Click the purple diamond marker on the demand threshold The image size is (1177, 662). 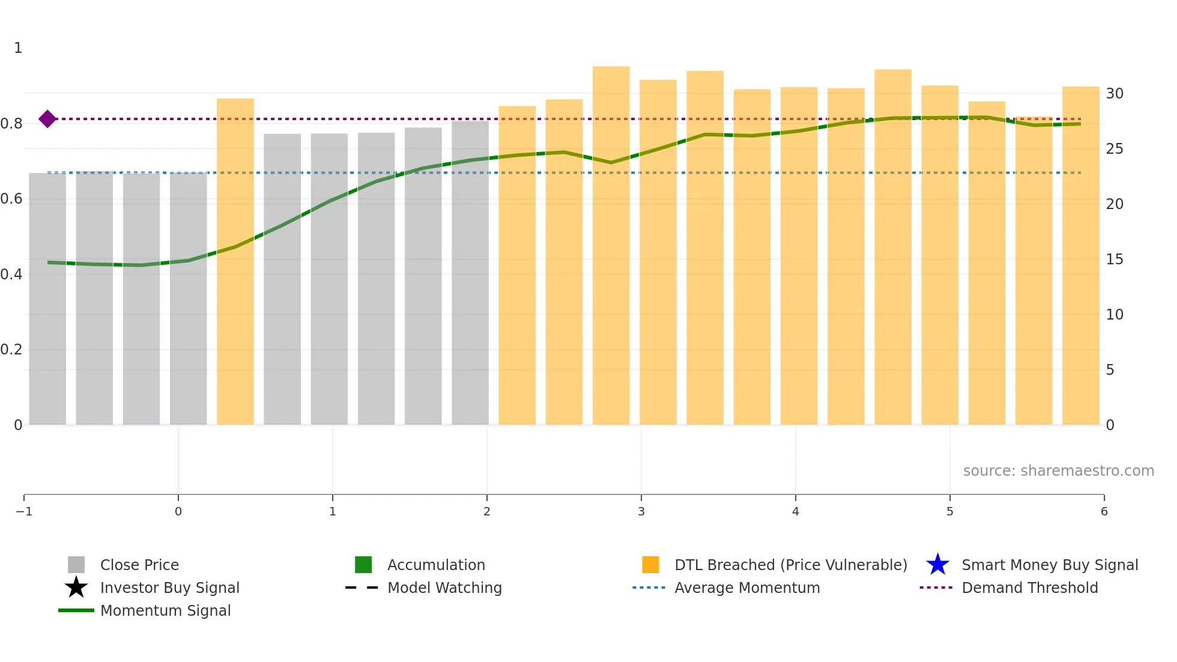47,119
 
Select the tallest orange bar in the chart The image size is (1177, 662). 611,246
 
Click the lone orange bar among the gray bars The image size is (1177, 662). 235,262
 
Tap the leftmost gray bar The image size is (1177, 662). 47,299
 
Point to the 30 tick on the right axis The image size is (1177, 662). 1115,94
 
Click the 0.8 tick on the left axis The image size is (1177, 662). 12,124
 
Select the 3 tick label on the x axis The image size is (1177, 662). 641,512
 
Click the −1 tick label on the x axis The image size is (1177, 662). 24,512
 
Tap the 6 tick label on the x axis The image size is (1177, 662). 1104,512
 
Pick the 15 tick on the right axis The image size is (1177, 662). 1115,260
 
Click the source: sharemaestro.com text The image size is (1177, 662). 1058,471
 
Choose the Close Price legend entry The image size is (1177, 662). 139,565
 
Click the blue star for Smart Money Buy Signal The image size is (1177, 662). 937,565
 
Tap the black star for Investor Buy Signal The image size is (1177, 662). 76,588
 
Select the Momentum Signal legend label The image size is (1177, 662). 165,611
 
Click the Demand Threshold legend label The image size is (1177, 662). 1029,588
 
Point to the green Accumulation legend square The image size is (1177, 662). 363,565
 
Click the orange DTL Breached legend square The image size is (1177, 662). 650,565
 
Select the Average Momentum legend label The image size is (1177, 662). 747,588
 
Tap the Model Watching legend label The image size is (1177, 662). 444,588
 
